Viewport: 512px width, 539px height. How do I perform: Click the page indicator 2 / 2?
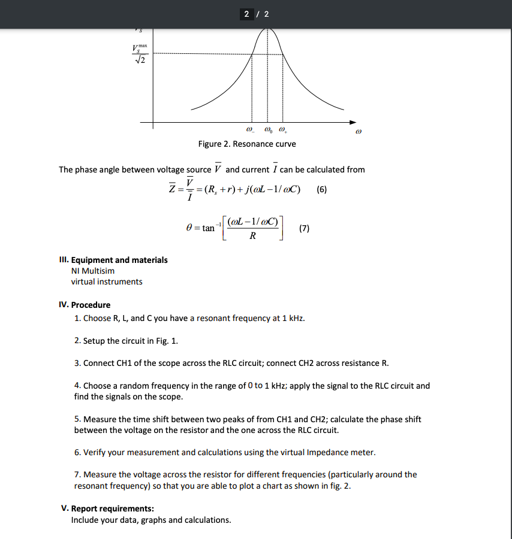[256, 14]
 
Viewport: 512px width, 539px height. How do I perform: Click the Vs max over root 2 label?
[140, 54]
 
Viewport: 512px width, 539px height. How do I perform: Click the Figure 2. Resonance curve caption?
[247, 144]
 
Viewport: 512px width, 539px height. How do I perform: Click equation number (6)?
[322, 189]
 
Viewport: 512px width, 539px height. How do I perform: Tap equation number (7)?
[305, 228]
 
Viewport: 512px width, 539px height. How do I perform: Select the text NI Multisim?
[92, 271]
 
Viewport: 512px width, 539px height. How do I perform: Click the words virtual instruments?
[107, 281]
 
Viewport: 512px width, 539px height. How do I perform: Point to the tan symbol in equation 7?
[208, 228]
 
